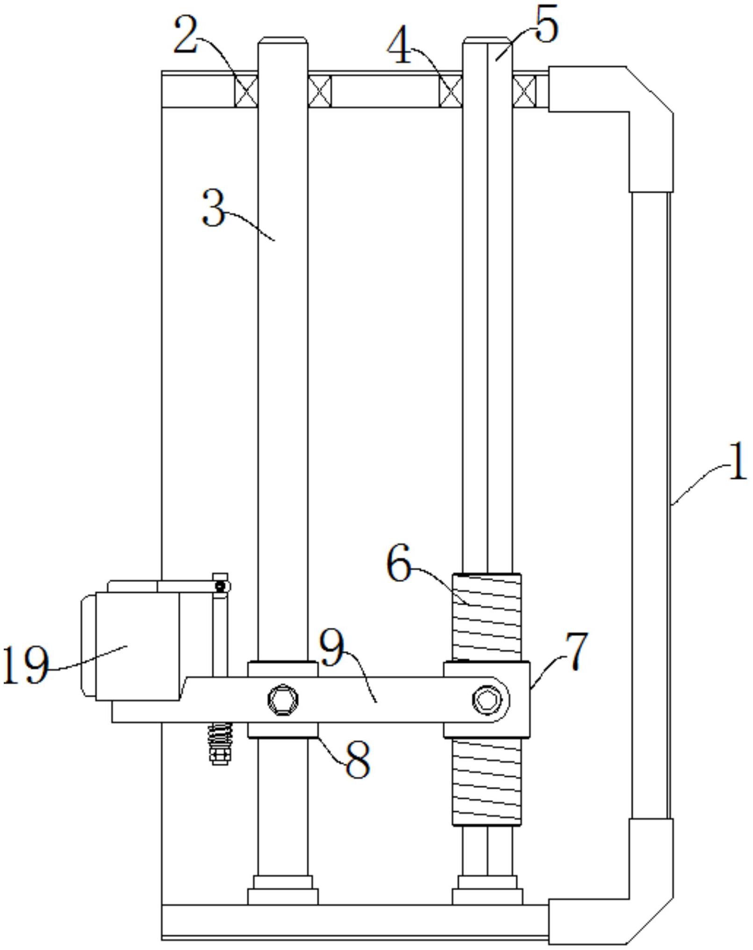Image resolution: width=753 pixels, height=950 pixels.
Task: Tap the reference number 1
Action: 738,462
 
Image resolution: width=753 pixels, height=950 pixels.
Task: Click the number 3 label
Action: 214,209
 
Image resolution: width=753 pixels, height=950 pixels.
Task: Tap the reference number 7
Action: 576,651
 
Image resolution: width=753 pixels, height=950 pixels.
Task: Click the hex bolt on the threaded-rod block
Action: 488,700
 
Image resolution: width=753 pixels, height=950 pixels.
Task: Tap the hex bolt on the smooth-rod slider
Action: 283,700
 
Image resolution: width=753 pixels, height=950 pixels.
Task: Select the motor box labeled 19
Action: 130,646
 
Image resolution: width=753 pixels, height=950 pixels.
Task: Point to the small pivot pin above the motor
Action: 221,586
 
